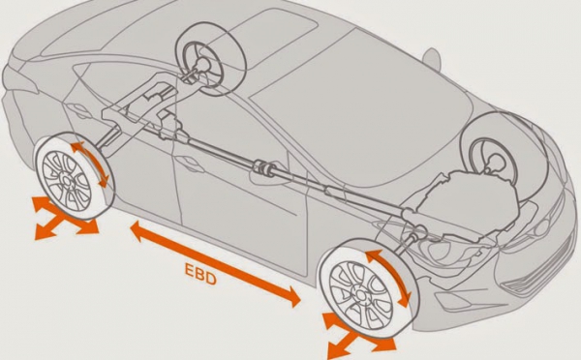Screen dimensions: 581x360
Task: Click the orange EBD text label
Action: point(200,273)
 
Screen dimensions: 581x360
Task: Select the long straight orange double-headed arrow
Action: point(215,263)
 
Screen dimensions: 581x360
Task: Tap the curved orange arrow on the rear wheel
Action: point(90,163)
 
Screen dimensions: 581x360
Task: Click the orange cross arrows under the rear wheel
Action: point(64,219)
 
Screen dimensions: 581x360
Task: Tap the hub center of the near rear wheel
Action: point(67,180)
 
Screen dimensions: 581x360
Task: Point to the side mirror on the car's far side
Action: point(432,58)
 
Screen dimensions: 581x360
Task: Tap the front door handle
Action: point(191,164)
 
